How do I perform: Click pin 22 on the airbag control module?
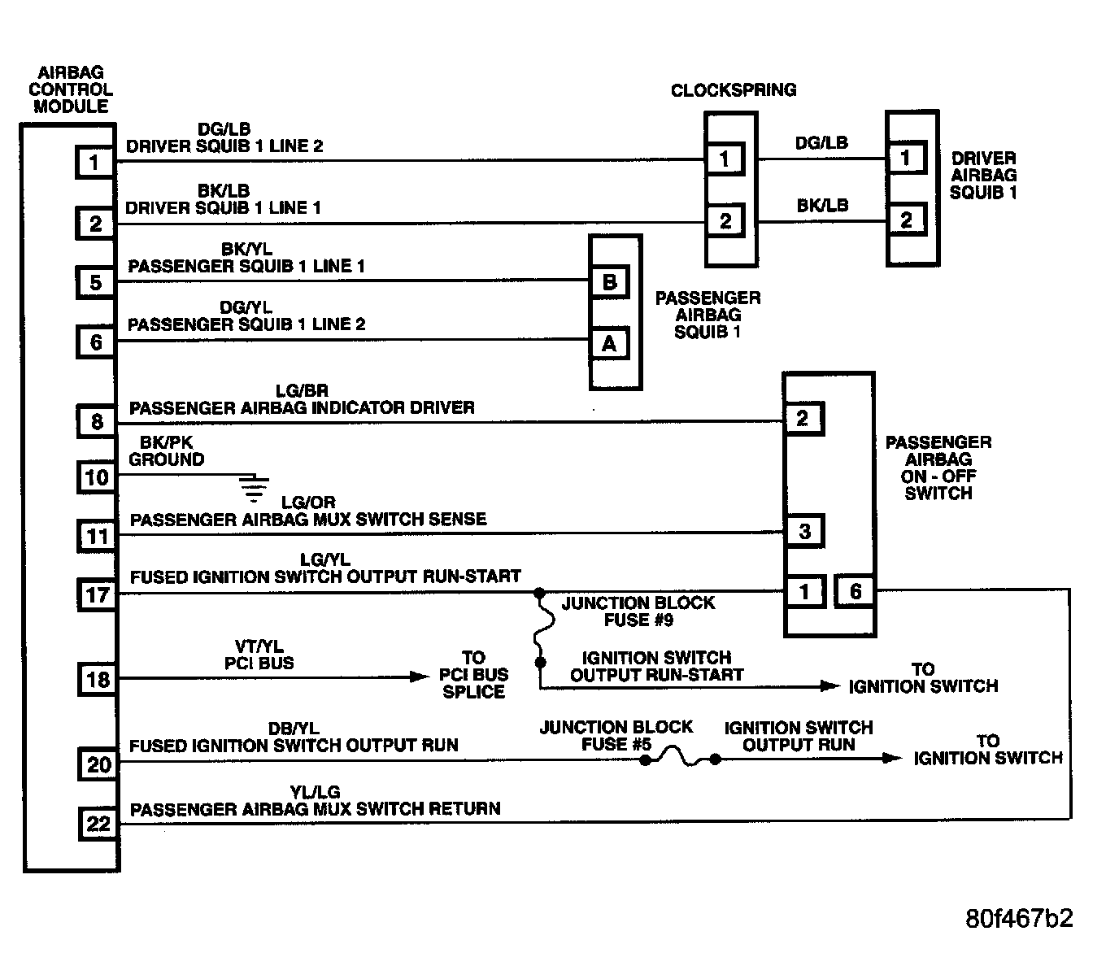click(98, 824)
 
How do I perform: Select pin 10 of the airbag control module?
click(96, 476)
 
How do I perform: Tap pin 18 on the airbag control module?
click(98, 679)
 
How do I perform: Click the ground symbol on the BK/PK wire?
click(254, 489)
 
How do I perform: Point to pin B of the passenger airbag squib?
click(610, 282)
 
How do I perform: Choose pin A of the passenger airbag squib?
click(610, 343)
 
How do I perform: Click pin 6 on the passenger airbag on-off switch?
click(855, 591)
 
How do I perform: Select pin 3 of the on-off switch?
click(805, 531)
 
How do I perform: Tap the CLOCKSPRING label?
click(734, 89)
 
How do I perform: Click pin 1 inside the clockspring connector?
click(725, 159)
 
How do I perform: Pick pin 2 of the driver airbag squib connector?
click(906, 220)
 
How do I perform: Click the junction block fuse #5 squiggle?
click(680, 756)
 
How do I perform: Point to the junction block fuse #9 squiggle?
click(543, 628)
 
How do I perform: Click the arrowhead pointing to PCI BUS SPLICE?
click(420, 677)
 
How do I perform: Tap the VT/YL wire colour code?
click(259, 646)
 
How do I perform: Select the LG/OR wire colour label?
click(308, 503)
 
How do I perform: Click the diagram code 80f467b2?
click(1019, 918)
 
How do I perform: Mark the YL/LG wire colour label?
click(315, 792)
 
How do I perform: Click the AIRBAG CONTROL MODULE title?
click(71, 89)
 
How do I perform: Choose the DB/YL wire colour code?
click(294, 729)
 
